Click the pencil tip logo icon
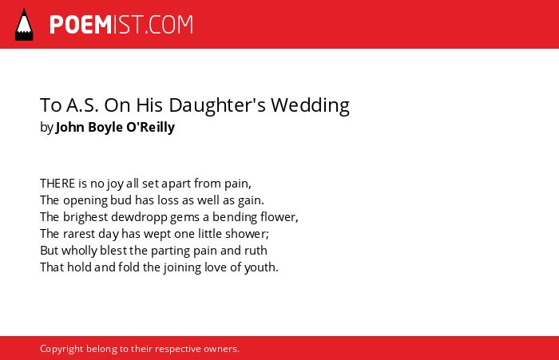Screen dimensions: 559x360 24,25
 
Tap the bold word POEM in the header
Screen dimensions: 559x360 81,25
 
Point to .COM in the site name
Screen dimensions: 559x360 168,25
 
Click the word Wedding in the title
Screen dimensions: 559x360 310,105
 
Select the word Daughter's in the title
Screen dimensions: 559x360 217,105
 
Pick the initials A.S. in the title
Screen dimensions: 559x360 82,105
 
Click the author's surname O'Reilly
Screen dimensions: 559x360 150,127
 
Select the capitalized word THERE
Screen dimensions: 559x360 57,184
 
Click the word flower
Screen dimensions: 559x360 279,216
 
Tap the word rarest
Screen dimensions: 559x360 79,234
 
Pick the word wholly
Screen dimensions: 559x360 79,251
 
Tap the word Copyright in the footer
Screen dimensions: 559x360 61,349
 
